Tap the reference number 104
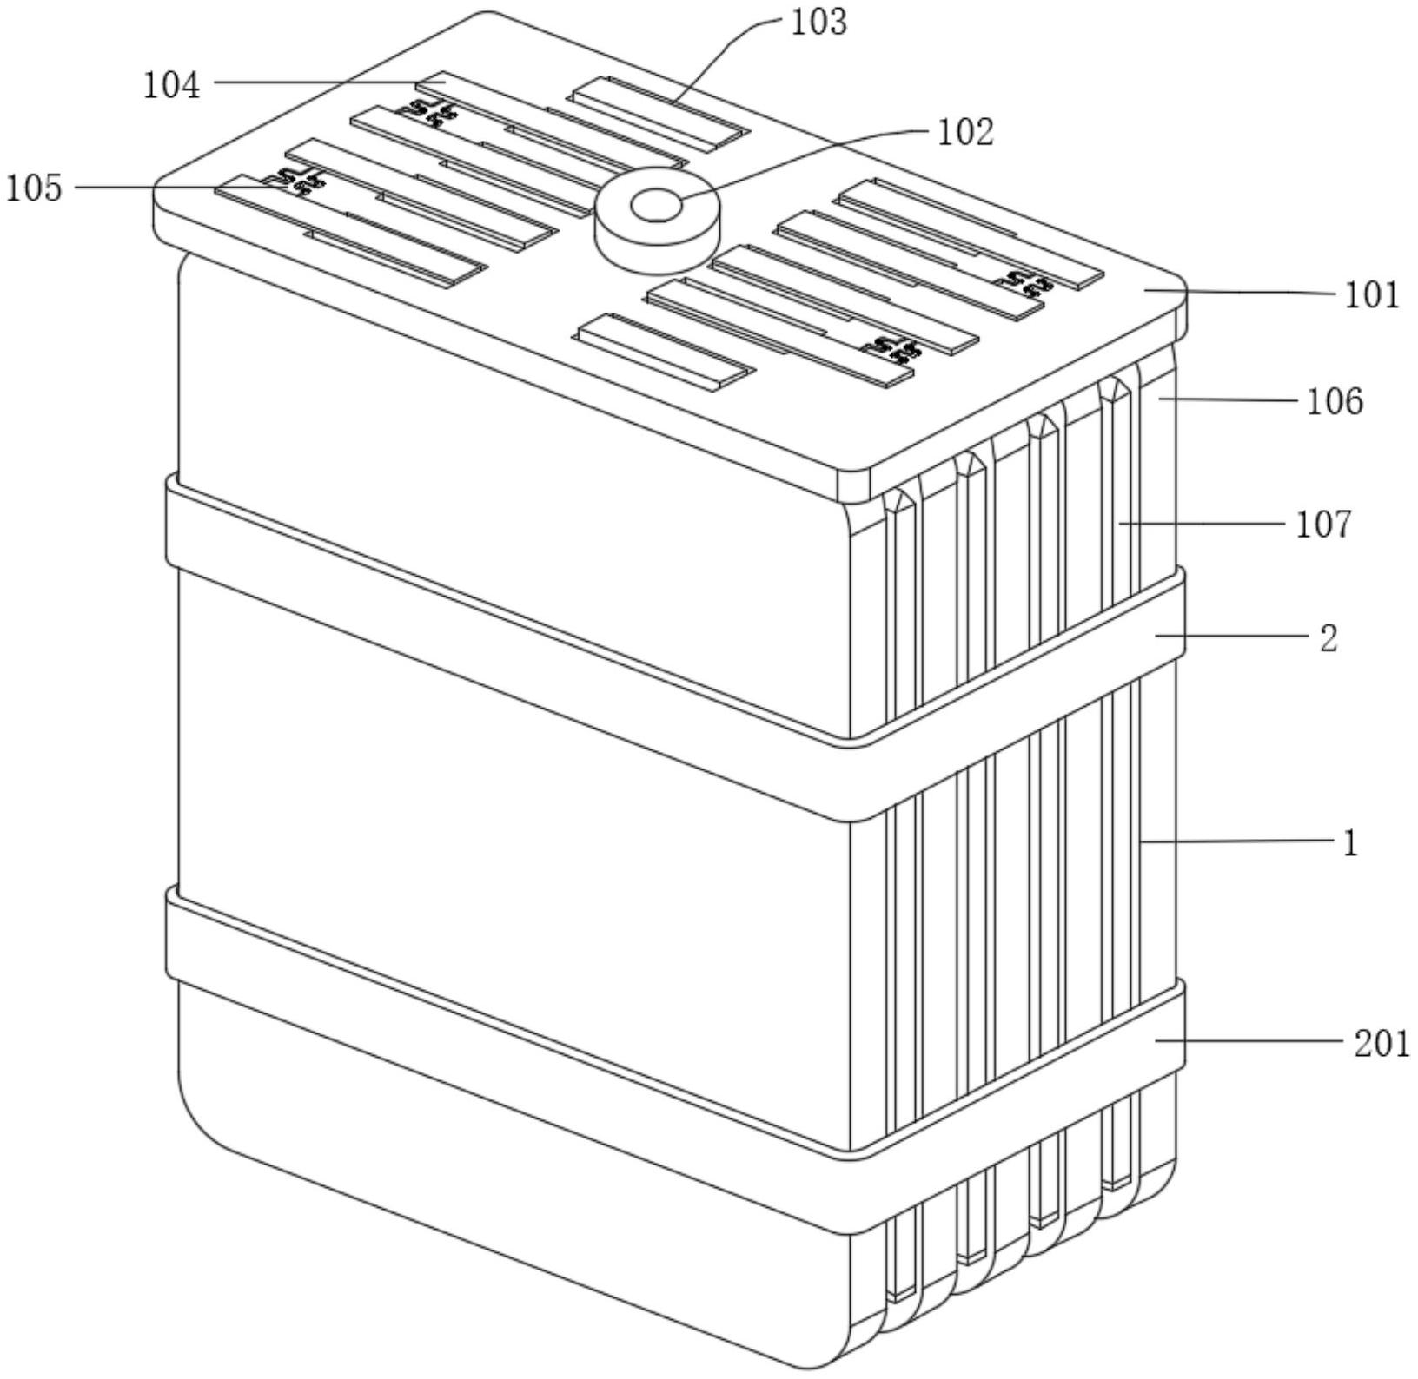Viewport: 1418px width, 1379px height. pyautogui.click(x=172, y=86)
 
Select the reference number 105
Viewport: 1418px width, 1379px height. pyautogui.click(x=35, y=188)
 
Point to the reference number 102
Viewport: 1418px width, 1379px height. pyautogui.click(x=964, y=133)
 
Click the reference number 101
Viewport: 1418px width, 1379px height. pyautogui.click(x=1372, y=296)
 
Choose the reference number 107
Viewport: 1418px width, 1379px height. pyautogui.click(x=1323, y=525)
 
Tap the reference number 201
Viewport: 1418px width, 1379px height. pyautogui.click(x=1382, y=1043)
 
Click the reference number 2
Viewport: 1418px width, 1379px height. pyautogui.click(x=1329, y=639)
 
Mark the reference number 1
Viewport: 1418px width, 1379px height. pyautogui.click(x=1349, y=843)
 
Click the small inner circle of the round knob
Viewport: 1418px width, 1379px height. pyautogui.click(x=656, y=207)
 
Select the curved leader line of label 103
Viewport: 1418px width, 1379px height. pyautogui.click(x=721, y=52)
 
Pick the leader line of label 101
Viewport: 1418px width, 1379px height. pyautogui.click(x=1242, y=294)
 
